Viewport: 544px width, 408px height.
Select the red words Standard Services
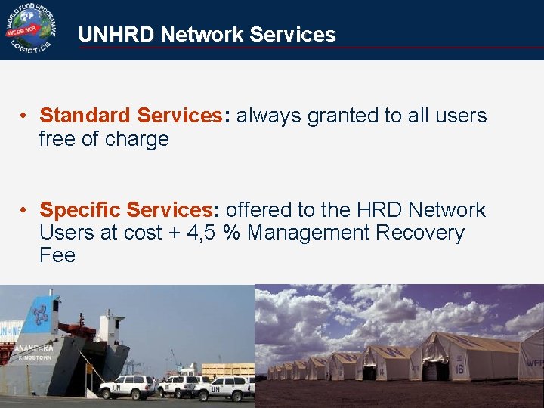point(128,116)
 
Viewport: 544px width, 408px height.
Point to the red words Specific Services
point(125,209)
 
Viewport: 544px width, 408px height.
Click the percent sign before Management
point(232,233)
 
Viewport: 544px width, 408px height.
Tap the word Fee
point(57,255)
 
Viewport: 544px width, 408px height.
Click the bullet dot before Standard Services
point(24,116)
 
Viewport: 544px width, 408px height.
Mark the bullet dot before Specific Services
point(24,210)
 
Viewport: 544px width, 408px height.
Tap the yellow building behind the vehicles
point(227,370)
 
